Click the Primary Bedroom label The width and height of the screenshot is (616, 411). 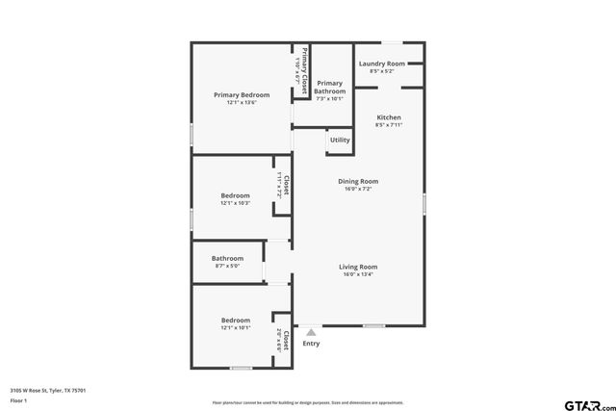[x=242, y=95]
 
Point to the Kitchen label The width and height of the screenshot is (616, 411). [x=389, y=117]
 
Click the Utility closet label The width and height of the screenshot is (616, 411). [x=340, y=140]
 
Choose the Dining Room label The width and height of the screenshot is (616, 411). [x=357, y=181]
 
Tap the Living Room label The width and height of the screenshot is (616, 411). [x=357, y=267]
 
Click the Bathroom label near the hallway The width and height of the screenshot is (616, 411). [x=227, y=258]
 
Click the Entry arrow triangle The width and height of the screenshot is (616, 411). [x=311, y=332]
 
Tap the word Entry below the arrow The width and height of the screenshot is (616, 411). [x=311, y=344]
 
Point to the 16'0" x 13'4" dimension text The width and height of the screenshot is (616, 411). [x=357, y=274]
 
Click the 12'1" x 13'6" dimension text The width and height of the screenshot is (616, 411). [x=242, y=103]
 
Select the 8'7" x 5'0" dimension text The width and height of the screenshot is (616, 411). [x=227, y=266]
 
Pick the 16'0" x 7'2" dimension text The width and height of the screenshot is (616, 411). [x=357, y=189]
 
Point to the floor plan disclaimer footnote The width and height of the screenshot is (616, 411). [x=308, y=402]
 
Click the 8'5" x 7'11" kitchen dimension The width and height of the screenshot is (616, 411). [x=389, y=125]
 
